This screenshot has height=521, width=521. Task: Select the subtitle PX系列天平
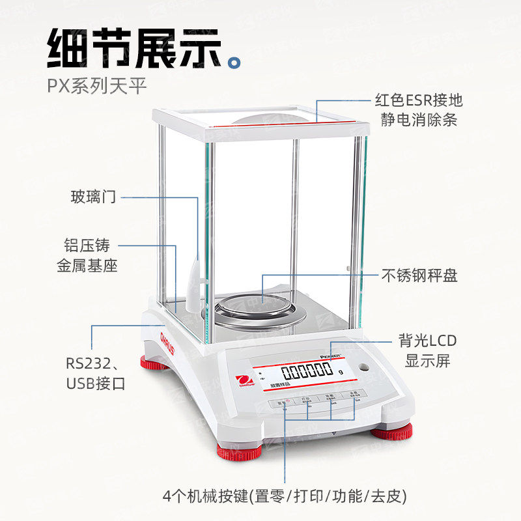[x=97, y=85]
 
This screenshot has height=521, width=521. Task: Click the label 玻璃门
[x=93, y=196]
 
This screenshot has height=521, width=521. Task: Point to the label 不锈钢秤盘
[x=419, y=275]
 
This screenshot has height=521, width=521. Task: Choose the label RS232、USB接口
[x=96, y=373]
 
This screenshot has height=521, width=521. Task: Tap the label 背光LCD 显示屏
[x=427, y=350]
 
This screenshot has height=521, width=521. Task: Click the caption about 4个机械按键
[x=285, y=496]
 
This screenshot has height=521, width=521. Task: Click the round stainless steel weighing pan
[x=260, y=309]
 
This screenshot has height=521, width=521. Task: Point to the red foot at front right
[x=392, y=432]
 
